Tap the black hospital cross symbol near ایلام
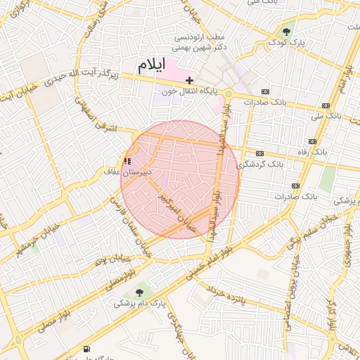[x=189, y=81]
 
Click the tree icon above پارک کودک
[x=286, y=31]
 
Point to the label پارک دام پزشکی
[x=139, y=303]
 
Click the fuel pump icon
[x=87, y=349]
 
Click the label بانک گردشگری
[x=260, y=163]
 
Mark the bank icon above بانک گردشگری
[x=260, y=153]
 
